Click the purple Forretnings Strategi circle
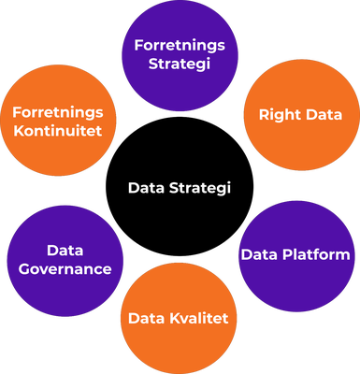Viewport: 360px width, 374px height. tap(180, 54)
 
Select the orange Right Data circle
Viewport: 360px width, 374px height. tap(299, 116)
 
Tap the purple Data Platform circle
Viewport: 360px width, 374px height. tap(295, 254)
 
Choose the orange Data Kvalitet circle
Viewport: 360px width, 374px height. tap(179, 320)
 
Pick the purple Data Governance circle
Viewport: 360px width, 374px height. tap(65, 260)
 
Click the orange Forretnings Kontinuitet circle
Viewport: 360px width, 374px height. tap(59, 122)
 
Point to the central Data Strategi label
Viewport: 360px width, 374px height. tap(179, 188)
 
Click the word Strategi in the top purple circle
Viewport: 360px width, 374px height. tap(180, 65)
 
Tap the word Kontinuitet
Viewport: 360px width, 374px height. tap(59, 130)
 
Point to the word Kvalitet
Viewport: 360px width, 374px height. tap(198, 320)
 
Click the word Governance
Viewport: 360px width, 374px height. tap(65, 269)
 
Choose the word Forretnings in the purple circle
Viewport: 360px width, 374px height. tap(180, 46)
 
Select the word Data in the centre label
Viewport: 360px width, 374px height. tap(146, 188)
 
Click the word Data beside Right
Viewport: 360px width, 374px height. tap(322, 116)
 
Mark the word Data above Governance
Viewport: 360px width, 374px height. tap(65, 251)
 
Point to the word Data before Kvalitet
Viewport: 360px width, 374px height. tap(146, 320)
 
